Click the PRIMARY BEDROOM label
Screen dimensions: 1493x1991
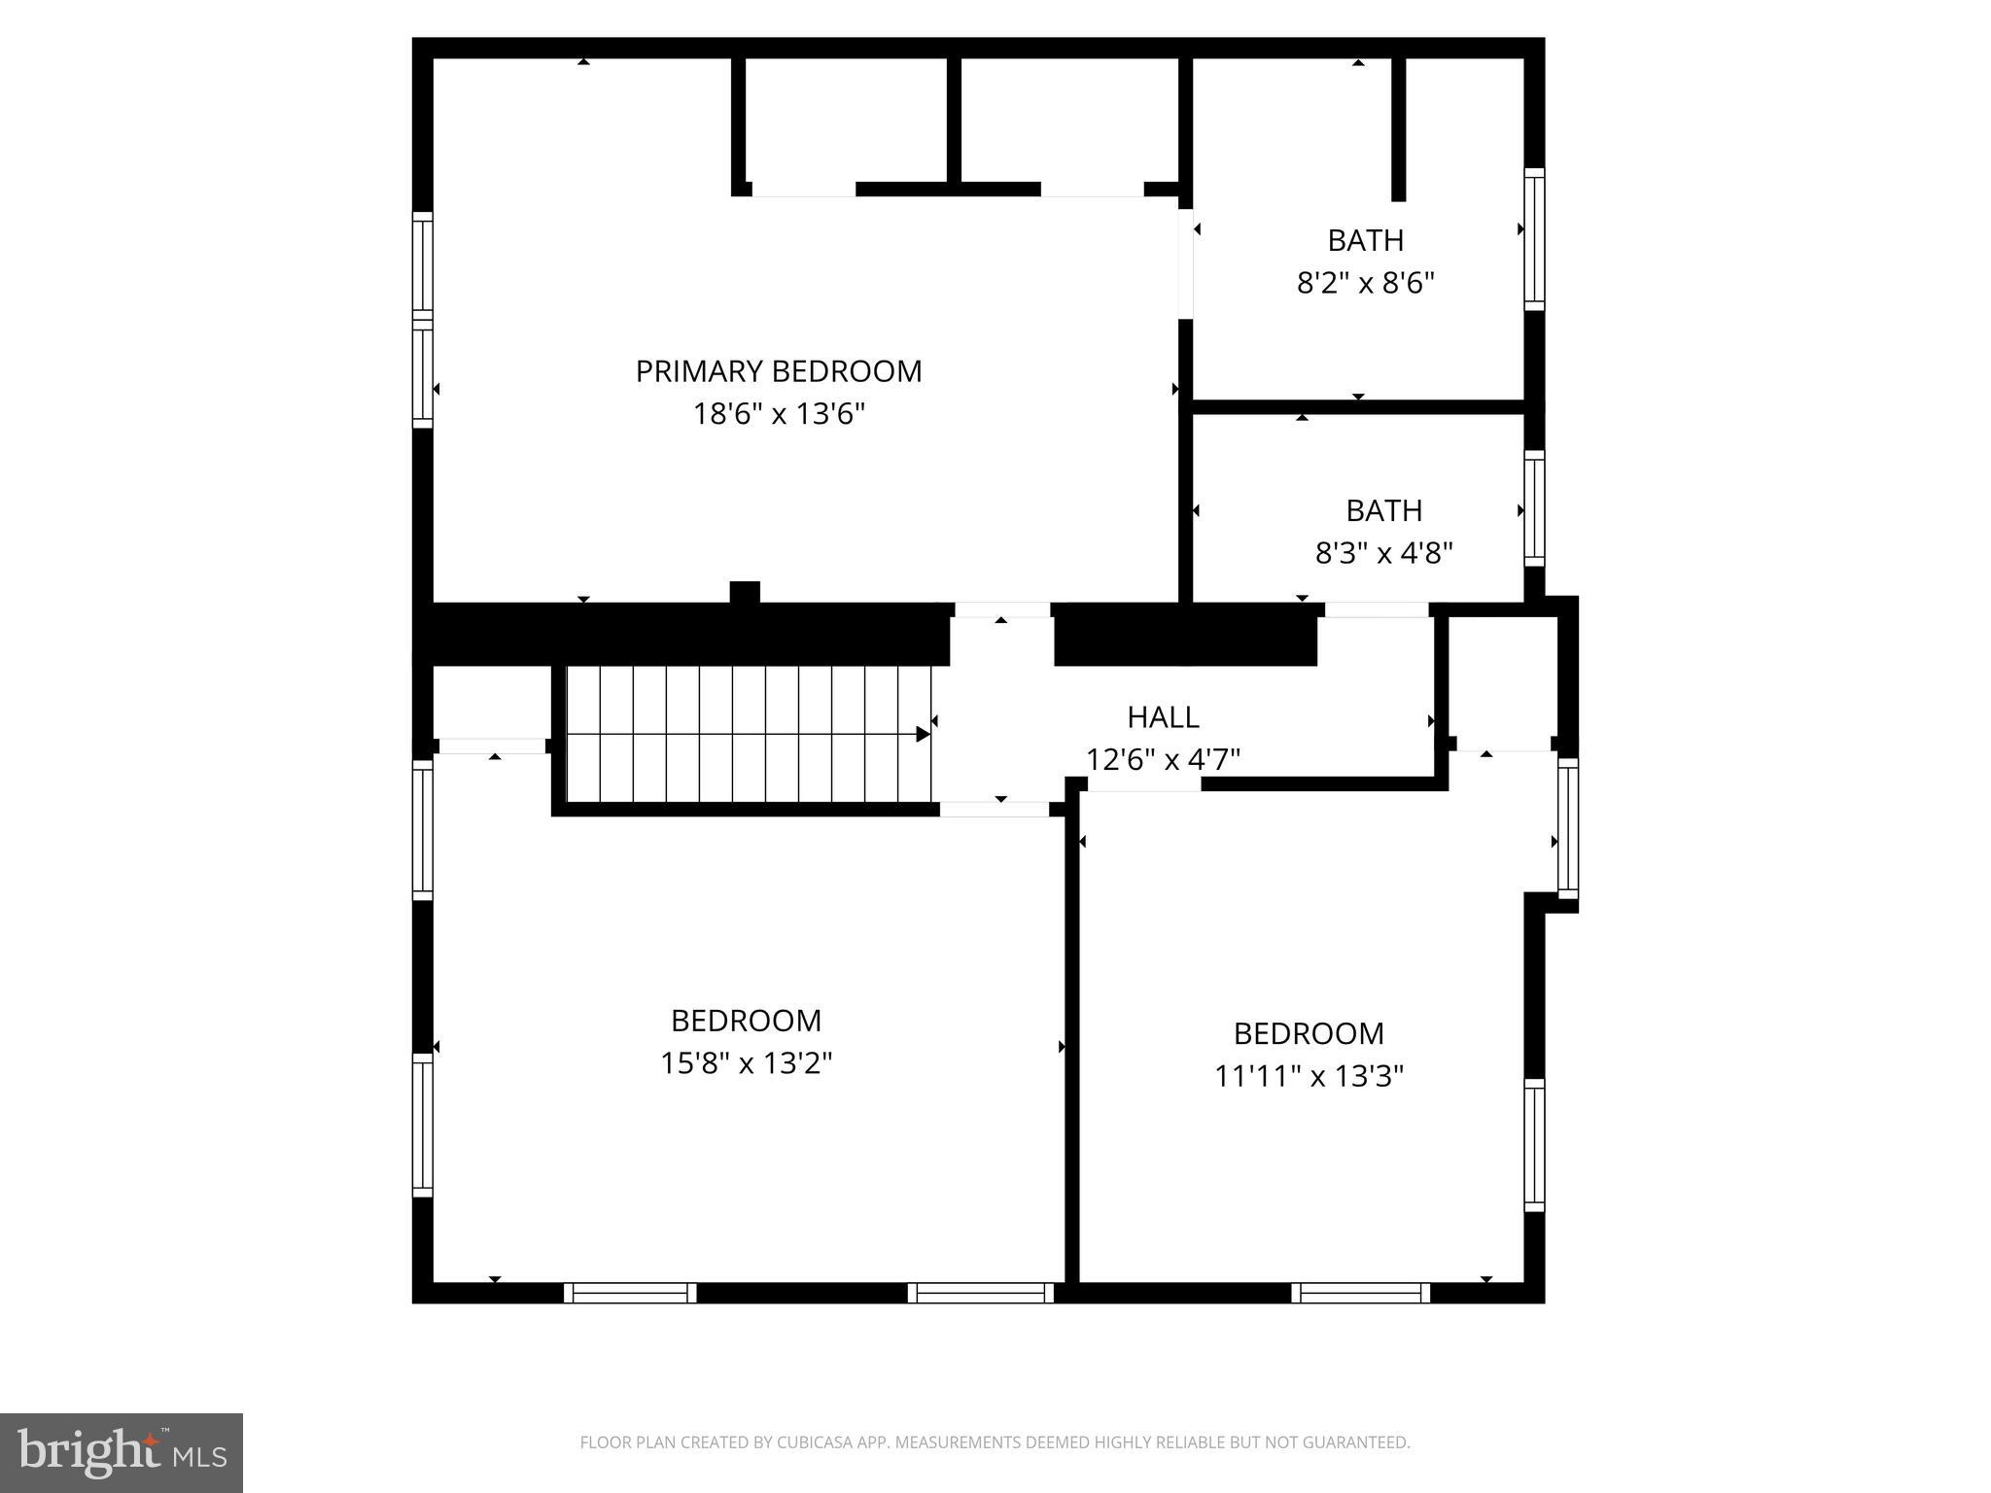tap(778, 371)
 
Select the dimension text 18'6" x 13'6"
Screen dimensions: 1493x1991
tap(778, 415)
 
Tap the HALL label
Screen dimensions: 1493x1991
tap(1163, 717)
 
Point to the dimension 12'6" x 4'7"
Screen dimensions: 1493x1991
tap(1163, 759)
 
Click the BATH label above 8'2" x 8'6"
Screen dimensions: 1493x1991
tap(1365, 240)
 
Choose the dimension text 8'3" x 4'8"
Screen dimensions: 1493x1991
tap(1383, 554)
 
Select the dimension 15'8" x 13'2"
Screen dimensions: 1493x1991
tap(747, 1063)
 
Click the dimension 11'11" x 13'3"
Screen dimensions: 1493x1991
tap(1309, 1077)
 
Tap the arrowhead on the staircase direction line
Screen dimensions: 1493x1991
tap(924, 734)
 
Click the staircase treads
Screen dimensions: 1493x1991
tap(749, 734)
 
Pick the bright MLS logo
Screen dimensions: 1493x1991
tap(122, 1452)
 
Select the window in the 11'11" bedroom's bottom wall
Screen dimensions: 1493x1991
tap(1360, 1293)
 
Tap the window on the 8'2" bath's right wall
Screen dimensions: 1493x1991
tap(1534, 239)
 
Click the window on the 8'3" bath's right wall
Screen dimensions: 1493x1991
tap(1534, 507)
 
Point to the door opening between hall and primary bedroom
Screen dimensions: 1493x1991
tap(1001, 610)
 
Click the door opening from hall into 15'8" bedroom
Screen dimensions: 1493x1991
tap(994, 809)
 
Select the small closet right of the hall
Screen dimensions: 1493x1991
tap(1503, 680)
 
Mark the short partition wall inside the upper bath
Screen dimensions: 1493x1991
tap(1398, 128)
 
